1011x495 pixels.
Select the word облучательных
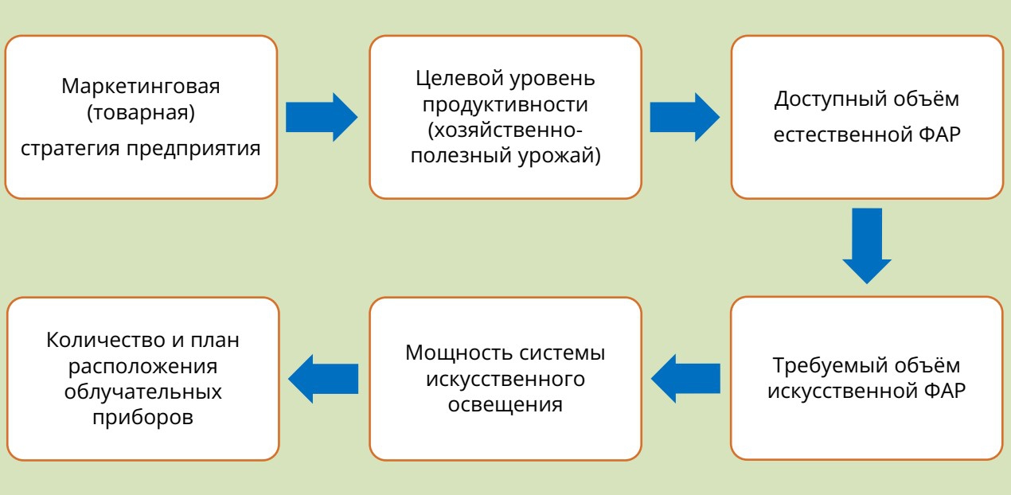144,393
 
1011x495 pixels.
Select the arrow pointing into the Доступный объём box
685,115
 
